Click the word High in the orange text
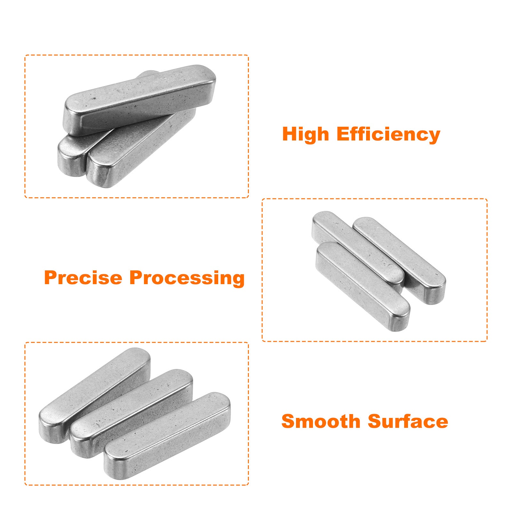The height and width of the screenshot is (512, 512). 305,134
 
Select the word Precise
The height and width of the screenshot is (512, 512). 83,277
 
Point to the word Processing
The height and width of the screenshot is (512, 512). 187,278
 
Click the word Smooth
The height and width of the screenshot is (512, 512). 321,421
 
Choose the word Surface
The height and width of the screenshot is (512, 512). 408,421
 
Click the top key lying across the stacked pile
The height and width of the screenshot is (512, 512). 140,100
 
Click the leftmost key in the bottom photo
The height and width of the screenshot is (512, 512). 95,395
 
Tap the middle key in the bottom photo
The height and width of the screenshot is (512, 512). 131,413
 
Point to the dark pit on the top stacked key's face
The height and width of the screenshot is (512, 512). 94,99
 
